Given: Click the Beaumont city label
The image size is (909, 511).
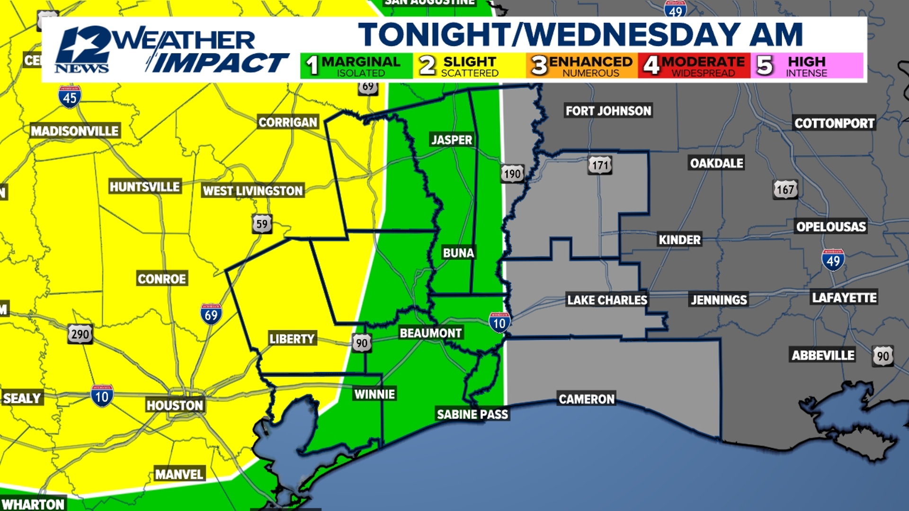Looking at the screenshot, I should pyautogui.click(x=430, y=333).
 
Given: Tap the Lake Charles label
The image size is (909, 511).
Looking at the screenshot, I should pyautogui.click(x=607, y=300).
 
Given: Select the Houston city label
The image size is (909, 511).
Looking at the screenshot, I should pyautogui.click(x=175, y=405).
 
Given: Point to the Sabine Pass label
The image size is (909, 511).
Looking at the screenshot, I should pyautogui.click(x=472, y=414).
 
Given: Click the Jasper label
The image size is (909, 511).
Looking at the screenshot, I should pyautogui.click(x=452, y=140).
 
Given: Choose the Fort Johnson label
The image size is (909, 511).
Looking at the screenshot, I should pyautogui.click(x=608, y=111).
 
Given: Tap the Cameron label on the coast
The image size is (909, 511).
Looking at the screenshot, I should pyautogui.click(x=587, y=399).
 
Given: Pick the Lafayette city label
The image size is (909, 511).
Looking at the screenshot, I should pyautogui.click(x=844, y=298).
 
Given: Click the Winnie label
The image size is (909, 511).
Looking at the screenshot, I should pyautogui.click(x=374, y=394).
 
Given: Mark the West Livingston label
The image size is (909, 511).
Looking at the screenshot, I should pyautogui.click(x=252, y=191).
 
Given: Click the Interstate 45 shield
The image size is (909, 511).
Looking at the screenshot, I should pyautogui.click(x=70, y=97).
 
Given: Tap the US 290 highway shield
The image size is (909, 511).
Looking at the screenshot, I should pyautogui.click(x=80, y=335).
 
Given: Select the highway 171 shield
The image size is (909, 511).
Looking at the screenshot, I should pyautogui.click(x=600, y=165).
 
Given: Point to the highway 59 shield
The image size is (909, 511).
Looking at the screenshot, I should pyautogui.click(x=262, y=224).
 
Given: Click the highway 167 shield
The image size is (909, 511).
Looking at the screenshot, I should pyautogui.click(x=785, y=190).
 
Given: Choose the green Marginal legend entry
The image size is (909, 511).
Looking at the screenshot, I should pyautogui.click(x=356, y=66).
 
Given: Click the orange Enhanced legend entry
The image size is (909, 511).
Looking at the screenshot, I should pyautogui.click(x=581, y=66).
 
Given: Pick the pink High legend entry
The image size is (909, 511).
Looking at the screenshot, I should pyautogui.click(x=806, y=66).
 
